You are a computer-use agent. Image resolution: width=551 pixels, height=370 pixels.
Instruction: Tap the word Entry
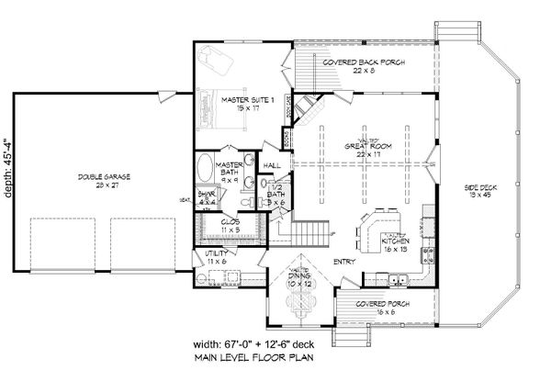coord(343,260)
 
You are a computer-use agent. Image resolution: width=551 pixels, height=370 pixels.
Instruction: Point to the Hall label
coord(272,164)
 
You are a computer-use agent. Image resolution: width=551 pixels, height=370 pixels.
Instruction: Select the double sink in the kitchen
coord(397,280)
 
